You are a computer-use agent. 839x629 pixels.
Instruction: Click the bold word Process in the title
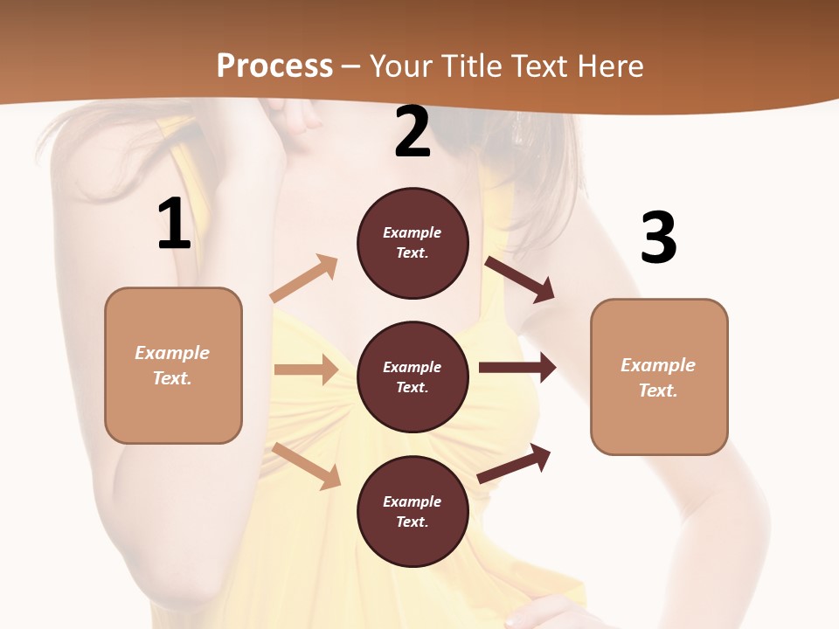coord(274,66)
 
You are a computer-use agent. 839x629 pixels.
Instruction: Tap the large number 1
coord(174,224)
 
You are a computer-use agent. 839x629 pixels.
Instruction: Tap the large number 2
coord(413,132)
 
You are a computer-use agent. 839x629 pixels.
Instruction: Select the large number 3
coord(658,238)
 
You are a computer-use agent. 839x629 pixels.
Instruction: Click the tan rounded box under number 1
coord(173,365)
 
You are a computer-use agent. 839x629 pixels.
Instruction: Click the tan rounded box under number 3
coord(659,377)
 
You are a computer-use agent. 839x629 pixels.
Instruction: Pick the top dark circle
coord(413,243)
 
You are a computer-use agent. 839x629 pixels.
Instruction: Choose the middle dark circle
coord(413,377)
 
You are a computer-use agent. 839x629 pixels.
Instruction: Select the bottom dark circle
coord(413,511)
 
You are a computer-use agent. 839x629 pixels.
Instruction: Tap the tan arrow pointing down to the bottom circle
coord(307,466)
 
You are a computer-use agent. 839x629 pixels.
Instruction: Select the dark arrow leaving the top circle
coord(520,279)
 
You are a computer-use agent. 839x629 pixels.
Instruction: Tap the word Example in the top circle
coord(413,232)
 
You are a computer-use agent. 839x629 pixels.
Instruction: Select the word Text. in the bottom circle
coord(413,522)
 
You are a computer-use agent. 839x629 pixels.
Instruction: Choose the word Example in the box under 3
coord(658,365)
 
